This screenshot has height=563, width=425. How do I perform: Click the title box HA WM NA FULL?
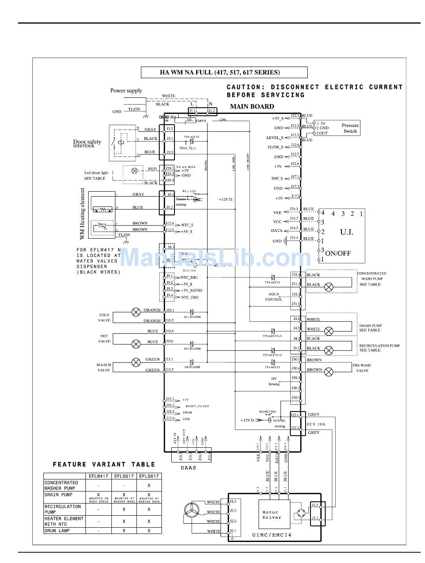(x=224, y=72)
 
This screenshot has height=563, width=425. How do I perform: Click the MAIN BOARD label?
(x=252, y=106)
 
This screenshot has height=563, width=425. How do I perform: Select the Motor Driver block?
(x=272, y=515)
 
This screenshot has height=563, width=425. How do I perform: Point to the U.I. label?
(x=347, y=232)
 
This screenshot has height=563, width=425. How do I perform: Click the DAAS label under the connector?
(x=189, y=468)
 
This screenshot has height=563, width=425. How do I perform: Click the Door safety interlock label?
(x=87, y=143)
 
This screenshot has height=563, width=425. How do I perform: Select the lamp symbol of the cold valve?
(x=136, y=312)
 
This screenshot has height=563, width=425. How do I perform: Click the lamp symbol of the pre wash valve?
(x=329, y=371)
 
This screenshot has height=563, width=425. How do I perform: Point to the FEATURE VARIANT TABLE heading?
(x=104, y=465)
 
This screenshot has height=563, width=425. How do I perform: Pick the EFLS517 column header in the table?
(x=124, y=476)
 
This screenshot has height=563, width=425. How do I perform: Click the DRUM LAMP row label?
(x=57, y=530)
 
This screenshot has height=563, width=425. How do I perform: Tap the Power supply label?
(x=126, y=91)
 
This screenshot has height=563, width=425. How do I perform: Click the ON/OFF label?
(x=338, y=253)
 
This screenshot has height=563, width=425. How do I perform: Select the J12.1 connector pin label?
(x=295, y=116)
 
